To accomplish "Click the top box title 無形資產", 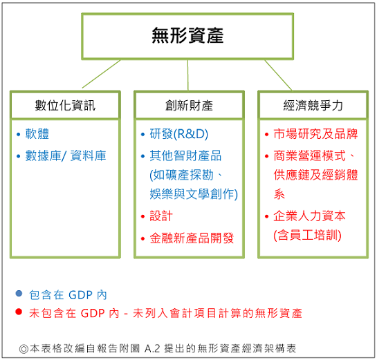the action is point(187,35).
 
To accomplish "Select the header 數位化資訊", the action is point(65,106).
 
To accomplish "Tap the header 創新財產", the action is point(189,106).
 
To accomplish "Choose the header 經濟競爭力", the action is point(313,106).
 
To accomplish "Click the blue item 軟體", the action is point(37,134).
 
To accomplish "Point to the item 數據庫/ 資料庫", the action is point(66,155).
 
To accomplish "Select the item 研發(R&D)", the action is point(179,134).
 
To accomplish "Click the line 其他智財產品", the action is point(185,155).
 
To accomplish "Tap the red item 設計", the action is point(161,216).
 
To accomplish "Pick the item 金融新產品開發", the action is point(192,238).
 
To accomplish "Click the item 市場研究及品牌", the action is point(315,134).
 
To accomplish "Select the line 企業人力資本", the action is point(309,216).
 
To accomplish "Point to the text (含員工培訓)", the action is point(307,235).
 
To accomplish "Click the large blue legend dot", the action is point(19,293).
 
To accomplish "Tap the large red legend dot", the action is point(19,312).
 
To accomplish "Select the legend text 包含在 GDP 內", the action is point(68,295).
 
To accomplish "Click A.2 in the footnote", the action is point(152,348).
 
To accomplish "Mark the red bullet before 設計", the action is point(142,217).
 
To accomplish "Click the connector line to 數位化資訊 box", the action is point(101,74).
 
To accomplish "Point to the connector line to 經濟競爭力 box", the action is point(278,75).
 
